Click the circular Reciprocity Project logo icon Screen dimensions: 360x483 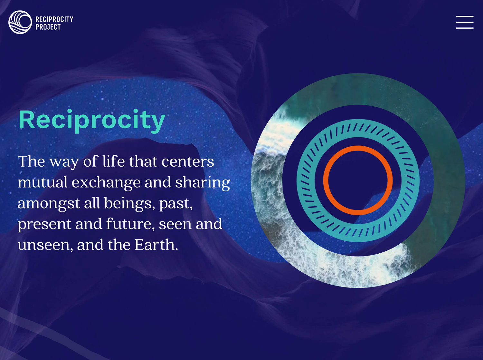(20, 22)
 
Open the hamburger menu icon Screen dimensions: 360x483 (464, 22)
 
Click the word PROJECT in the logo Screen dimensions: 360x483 (48, 27)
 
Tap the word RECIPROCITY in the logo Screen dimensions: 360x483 (54, 19)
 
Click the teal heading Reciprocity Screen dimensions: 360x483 (92, 120)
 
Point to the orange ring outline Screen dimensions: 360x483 (358, 148)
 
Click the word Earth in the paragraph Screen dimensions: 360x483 (156, 245)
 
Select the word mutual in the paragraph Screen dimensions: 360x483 (43, 182)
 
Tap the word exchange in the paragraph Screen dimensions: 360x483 (106, 182)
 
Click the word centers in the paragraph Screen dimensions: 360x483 (188, 162)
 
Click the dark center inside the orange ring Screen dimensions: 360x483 (358, 180)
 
